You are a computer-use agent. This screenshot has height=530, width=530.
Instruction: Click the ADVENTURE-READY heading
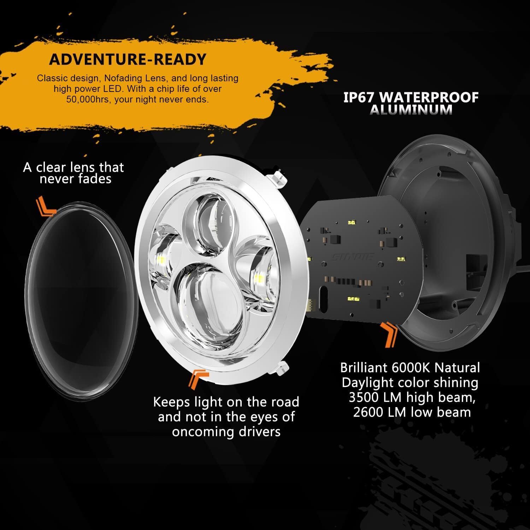click(x=128, y=59)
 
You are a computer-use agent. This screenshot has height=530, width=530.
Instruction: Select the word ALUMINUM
click(x=411, y=110)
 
